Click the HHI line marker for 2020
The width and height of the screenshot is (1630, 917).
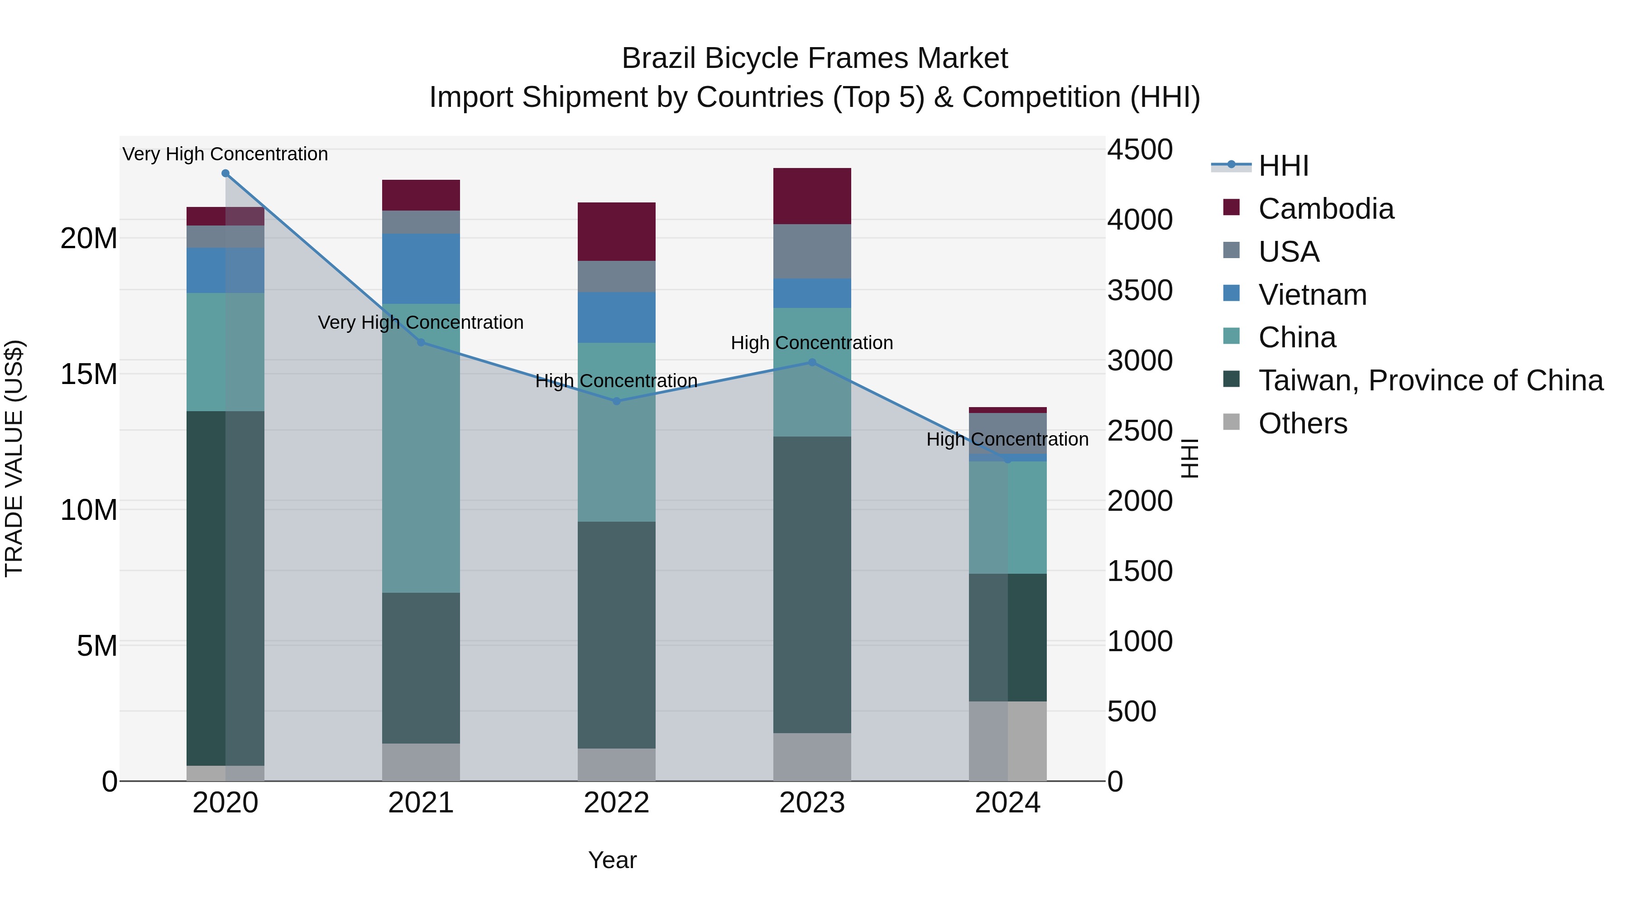[225, 173]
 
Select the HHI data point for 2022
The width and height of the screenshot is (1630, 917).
[616, 401]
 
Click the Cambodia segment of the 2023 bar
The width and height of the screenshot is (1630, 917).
[812, 196]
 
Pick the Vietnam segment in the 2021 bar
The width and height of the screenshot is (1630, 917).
[421, 269]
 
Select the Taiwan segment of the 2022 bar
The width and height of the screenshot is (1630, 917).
[616, 635]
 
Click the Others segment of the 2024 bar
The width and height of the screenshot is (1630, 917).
[1007, 740]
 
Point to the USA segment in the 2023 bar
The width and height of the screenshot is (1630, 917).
[812, 251]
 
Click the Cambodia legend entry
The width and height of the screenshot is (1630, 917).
[1326, 209]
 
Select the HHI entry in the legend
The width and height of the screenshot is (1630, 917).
[1283, 166]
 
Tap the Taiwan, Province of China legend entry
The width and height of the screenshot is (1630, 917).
[1430, 380]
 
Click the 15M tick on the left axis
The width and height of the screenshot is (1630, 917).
[89, 374]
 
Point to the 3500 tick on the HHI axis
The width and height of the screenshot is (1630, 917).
[1140, 290]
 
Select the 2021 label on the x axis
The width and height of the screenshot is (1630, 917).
[421, 803]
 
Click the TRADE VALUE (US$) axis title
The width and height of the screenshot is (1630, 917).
[14, 458]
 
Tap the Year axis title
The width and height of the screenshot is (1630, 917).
[612, 860]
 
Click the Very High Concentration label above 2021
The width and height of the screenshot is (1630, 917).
[421, 323]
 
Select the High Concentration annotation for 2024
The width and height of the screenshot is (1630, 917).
[1007, 439]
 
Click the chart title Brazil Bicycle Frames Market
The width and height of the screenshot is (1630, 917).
[815, 59]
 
